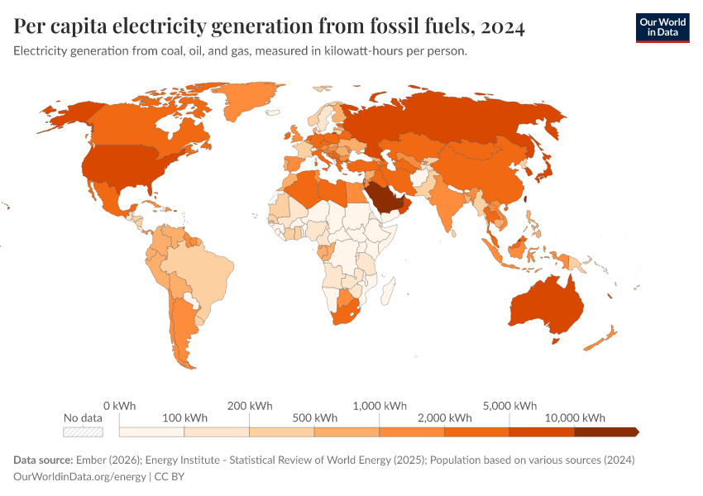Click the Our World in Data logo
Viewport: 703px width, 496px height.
(662, 27)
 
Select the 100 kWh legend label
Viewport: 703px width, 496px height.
(185, 417)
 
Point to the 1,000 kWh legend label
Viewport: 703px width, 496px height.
(380, 406)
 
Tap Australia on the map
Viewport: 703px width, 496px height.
(547, 307)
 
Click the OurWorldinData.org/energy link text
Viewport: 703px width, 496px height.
(79, 477)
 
